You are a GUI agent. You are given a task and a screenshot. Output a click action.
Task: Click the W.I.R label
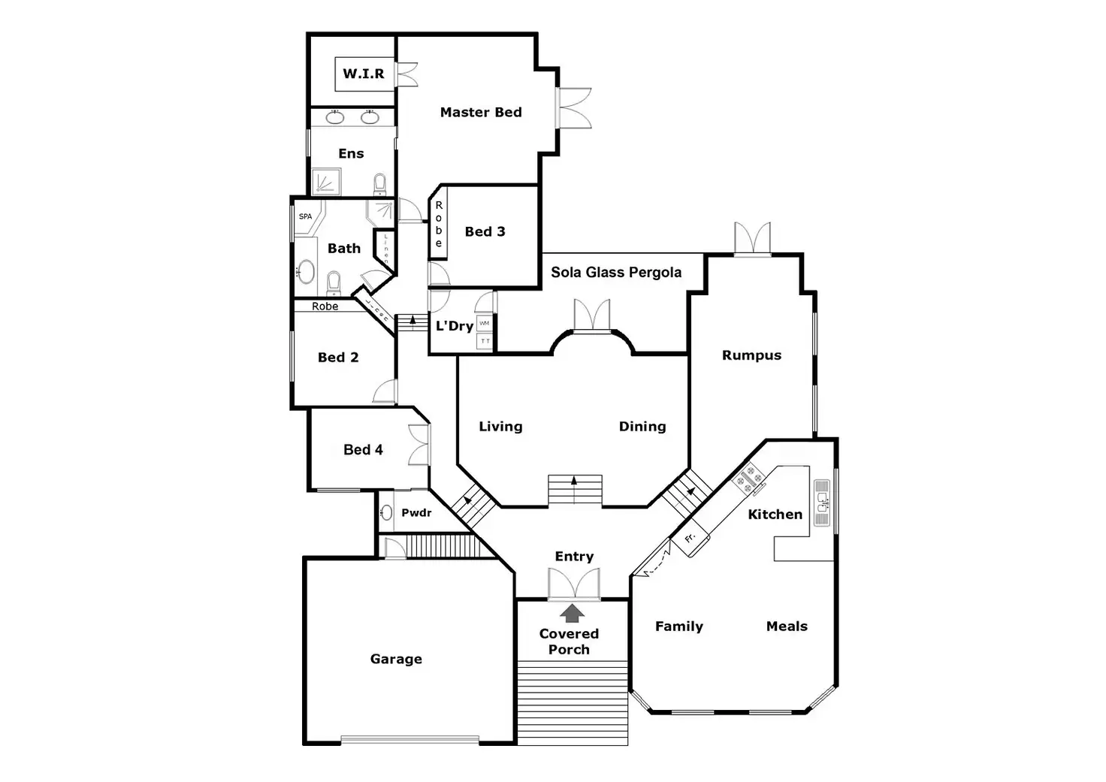point(364,74)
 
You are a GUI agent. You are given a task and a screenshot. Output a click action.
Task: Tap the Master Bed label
point(481,112)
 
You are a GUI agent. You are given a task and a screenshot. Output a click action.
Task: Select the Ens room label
point(351,153)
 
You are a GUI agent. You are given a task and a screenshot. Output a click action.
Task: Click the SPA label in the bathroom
point(305,216)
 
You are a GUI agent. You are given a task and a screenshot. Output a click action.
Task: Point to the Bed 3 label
point(485,231)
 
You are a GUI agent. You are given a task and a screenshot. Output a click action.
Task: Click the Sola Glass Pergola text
point(616,272)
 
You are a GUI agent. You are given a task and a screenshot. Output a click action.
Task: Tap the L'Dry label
point(455,326)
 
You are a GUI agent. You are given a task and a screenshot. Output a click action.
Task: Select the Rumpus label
point(751,355)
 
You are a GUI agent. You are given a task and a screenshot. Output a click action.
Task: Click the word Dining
point(642,426)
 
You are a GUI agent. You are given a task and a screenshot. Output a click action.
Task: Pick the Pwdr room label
point(416,513)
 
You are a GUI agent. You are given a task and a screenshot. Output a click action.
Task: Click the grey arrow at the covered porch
point(573,613)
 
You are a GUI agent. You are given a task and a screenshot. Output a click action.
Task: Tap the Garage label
point(396,659)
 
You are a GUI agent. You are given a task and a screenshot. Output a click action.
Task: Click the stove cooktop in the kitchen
point(749,478)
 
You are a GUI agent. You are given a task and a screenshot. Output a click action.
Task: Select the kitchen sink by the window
point(822,503)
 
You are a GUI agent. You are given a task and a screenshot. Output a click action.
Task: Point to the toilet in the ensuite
point(380,184)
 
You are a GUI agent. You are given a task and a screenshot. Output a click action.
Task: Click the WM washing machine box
point(485,324)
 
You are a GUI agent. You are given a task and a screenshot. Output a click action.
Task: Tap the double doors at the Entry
point(573,584)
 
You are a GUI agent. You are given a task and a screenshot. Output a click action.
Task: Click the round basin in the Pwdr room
point(386,513)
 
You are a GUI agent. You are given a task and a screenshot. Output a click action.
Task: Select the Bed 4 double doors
point(419,445)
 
